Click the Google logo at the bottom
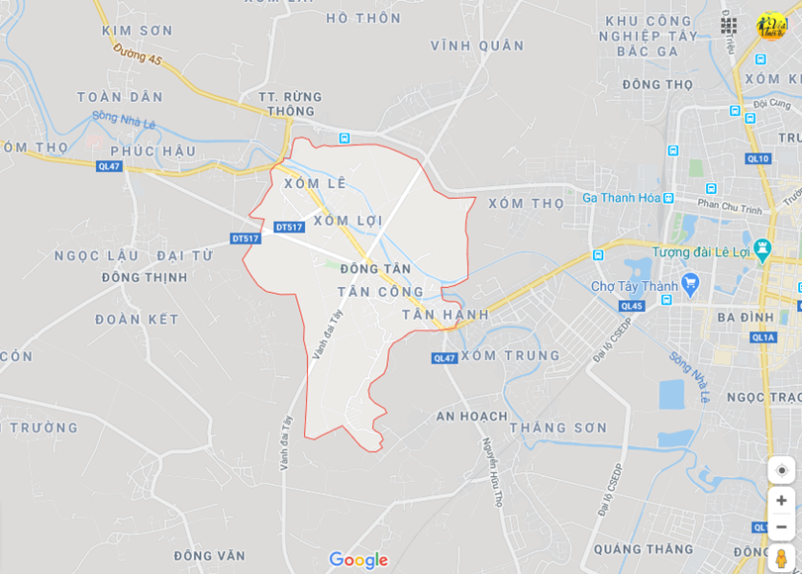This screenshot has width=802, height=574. coord(357,560)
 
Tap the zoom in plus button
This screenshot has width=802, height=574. coord(781,501)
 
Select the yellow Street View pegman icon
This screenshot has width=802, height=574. coord(781,558)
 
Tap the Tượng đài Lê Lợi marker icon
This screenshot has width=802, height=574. coord(761,246)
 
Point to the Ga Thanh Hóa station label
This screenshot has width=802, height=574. coord(621,197)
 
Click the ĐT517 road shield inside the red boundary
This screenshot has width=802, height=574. coord(289,227)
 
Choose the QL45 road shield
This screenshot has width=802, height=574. coord(631,306)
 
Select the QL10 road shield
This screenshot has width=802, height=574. coord(757,158)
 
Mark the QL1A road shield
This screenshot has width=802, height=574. coord(763,337)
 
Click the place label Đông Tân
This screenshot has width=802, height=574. coord(375,269)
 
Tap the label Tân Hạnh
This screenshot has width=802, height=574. coord(446,315)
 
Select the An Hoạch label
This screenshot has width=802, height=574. coord(471,416)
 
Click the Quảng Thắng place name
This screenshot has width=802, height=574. coord(645,549)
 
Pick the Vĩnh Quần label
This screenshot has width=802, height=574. coord(477,46)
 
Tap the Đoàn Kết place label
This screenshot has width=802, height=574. coord(138,320)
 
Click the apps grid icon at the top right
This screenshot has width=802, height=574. coord(729,26)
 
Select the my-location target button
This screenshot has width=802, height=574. coord(781,470)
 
